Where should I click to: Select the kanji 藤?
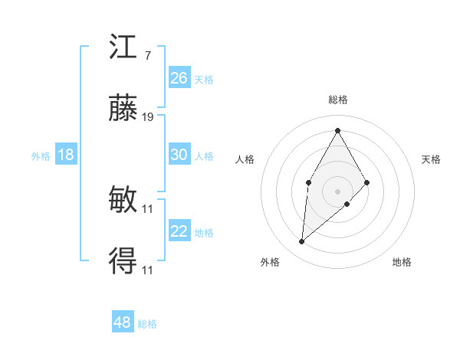point(123,111)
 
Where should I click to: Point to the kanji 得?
point(123,263)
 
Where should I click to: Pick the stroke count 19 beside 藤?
point(148,118)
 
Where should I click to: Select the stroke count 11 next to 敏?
point(148,208)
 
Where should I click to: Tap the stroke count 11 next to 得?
point(148,270)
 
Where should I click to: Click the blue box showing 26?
point(179,78)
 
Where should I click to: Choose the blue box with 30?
point(179,155)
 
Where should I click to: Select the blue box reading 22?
point(179,231)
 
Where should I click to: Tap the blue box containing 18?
point(66,155)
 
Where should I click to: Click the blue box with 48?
point(123,322)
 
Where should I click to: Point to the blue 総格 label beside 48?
point(147,324)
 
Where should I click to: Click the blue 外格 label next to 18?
point(41,156)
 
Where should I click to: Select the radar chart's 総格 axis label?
point(337,100)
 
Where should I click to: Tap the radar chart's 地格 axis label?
point(402,262)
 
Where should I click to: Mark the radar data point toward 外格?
point(302,242)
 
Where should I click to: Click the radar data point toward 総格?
point(337,129)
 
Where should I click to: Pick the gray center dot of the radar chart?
point(337,191)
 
